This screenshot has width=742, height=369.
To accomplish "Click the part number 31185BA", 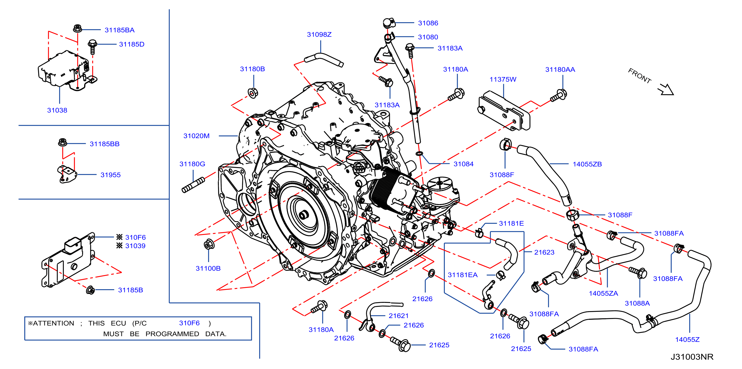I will pos(119,30).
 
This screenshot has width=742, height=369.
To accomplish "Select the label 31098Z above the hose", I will pos(319,35).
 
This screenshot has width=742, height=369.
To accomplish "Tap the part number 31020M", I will pos(196,136).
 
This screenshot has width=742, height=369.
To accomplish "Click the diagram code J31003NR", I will pos(692,357).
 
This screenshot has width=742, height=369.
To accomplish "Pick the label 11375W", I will pos(503,79).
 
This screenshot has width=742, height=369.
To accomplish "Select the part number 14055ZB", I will pos(587,164).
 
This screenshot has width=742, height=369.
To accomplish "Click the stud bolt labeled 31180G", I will pos(193,185).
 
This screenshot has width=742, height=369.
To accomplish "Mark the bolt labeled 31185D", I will pos(93,47).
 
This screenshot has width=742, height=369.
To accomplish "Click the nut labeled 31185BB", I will pos(62,142).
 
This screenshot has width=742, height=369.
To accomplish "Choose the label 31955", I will pos(110,175).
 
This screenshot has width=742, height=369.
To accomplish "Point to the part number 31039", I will pos(135,246).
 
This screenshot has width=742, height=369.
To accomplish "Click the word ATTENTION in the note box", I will pos(53,323).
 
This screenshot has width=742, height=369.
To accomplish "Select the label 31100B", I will pos(208,269).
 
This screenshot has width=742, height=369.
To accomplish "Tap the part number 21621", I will pos(398,316).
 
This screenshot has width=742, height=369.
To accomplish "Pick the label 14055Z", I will pos(687,340).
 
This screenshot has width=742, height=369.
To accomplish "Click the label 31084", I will pos(463,164).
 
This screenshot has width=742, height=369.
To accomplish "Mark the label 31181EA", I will pos(462,275).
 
